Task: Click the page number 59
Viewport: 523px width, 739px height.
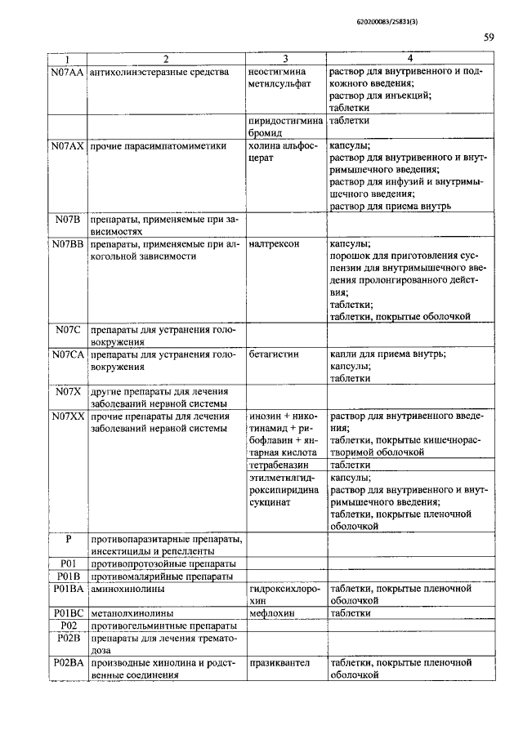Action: pyautogui.click(x=488, y=37)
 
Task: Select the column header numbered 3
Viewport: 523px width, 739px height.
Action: pyautogui.click(x=285, y=59)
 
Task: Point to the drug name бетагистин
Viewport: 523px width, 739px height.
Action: pyautogui.click(x=274, y=354)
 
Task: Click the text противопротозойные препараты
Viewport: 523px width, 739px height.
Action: pyautogui.click(x=163, y=563)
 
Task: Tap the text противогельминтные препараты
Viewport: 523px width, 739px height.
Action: pyautogui.click(x=163, y=625)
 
